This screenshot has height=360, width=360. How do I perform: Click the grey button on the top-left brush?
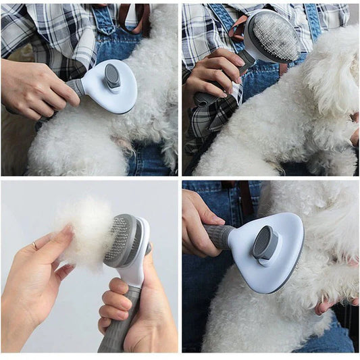coord(113,78)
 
